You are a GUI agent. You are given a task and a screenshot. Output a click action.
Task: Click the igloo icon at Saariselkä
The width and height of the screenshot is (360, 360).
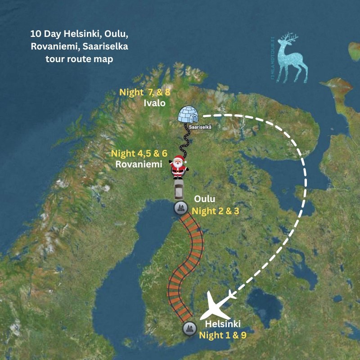point(188,115)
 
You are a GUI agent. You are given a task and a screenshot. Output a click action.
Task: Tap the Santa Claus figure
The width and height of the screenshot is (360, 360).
point(178,166)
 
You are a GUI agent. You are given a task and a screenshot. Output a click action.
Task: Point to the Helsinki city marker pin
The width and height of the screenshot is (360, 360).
point(189,328)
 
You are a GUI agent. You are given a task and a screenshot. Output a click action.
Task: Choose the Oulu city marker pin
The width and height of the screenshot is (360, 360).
point(180,208)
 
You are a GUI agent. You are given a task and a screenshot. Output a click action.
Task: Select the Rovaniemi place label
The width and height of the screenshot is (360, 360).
point(139,164)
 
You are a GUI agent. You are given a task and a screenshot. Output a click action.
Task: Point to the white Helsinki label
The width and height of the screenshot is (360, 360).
point(223,324)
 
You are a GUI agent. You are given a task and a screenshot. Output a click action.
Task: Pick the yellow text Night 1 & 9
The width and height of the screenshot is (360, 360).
point(223,335)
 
